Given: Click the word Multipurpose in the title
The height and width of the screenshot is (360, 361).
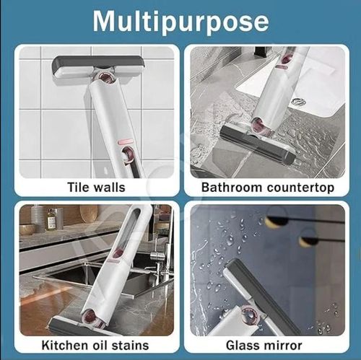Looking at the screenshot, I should click(x=180, y=22).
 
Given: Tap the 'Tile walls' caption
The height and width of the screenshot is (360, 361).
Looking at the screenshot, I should click(x=96, y=188).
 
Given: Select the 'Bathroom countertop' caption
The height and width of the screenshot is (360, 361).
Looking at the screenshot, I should click(x=267, y=188).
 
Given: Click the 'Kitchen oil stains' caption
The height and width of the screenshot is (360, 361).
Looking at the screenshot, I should click(x=96, y=345).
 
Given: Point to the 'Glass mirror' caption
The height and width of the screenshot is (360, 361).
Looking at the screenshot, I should click(x=267, y=345).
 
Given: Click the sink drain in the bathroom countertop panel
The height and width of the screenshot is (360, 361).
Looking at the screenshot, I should click(x=298, y=102).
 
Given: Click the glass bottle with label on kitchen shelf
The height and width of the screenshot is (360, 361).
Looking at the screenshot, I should click(x=51, y=219).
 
